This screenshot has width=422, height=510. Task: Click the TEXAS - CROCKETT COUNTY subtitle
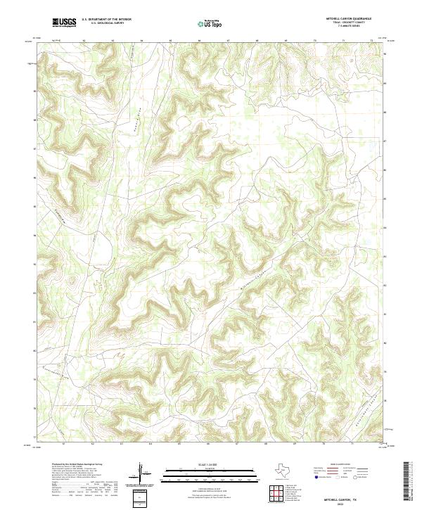pyautogui.click(x=352, y=23)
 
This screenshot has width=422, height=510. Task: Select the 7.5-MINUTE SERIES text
pyautogui.click(x=352, y=27)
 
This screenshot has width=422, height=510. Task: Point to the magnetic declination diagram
pyautogui.click(x=140, y=473)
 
